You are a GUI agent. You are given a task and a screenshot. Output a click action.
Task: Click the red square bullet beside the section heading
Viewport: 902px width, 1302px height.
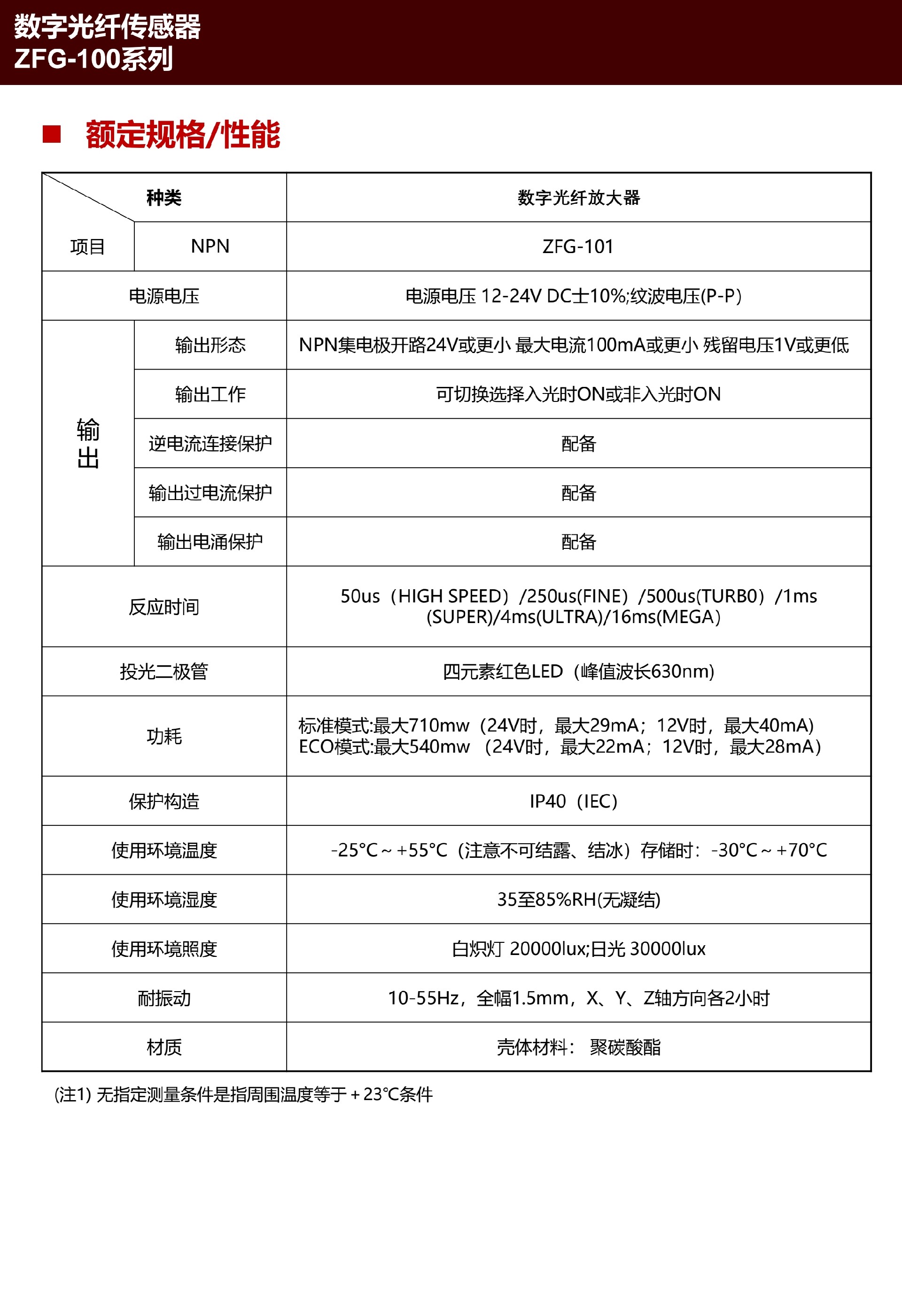point(51,134)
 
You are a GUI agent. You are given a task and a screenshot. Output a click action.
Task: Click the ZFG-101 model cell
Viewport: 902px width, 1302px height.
point(577,247)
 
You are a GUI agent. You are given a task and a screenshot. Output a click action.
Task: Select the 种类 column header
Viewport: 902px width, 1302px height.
point(164,198)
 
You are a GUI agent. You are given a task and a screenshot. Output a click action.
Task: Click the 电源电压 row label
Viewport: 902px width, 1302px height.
point(164,296)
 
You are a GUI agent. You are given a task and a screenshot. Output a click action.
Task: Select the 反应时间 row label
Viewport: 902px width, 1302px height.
point(164,607)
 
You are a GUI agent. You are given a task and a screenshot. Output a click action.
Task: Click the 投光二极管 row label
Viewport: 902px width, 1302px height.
point(164,671)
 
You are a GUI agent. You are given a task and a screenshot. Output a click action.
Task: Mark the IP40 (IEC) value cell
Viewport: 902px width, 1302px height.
point(573,801)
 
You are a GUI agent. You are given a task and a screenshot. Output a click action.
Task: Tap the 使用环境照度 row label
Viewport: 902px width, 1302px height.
point(164,949)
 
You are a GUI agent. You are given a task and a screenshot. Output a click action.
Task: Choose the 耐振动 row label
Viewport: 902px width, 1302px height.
point(164,998)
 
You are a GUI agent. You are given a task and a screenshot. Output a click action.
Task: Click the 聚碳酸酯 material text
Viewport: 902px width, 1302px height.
point(625,1047)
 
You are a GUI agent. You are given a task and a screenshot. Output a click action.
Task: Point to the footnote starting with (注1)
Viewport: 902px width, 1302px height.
point(243,1094)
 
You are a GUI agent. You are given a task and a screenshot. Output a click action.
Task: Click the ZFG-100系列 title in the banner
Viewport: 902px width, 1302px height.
point(93,59)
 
